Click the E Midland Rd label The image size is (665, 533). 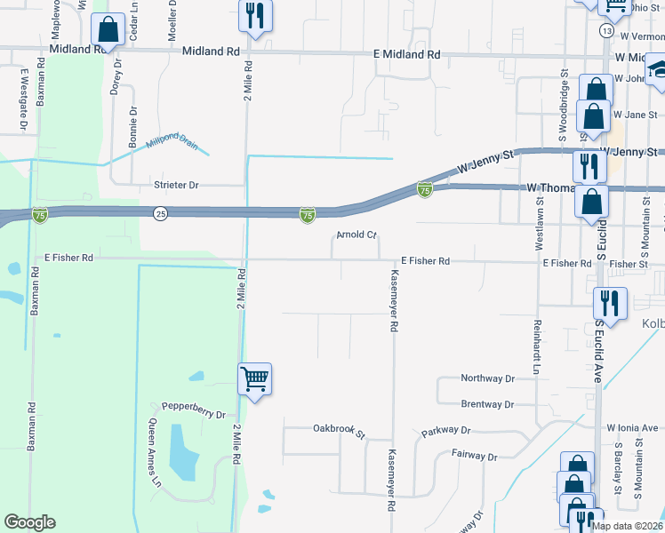tap(408, 54)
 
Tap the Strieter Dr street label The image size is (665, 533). tap(175, 185)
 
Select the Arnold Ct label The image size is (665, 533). tap(357, 235)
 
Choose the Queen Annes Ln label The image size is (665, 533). tap(156, 452)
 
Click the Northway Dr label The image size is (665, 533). tap(487, 378)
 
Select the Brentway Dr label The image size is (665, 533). tap(487, 404)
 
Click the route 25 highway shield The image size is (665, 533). tap(160, 213)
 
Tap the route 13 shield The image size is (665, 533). tap(606, 30)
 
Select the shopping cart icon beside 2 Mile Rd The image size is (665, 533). tap(254, 379)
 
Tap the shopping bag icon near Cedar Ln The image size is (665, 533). tap(108, 30)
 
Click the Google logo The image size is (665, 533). tap(29, 522)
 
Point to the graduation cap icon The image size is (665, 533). tap(658, 68)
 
